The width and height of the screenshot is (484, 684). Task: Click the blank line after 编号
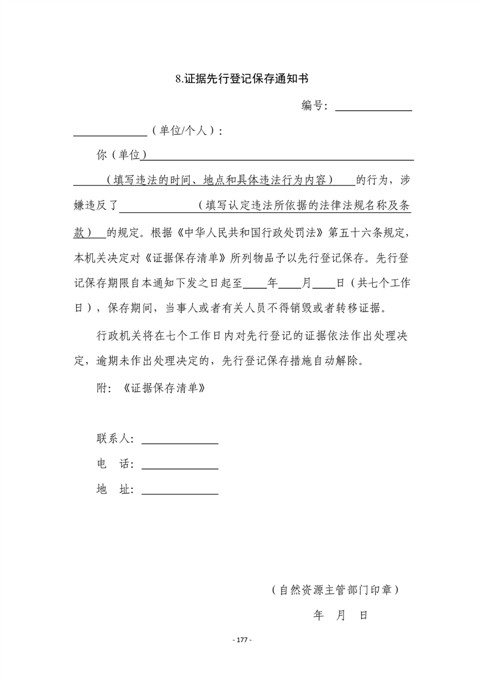click(374, 109)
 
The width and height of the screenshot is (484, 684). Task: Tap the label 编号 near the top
click(315, 105)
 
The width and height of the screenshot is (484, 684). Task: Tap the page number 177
click(242, 639)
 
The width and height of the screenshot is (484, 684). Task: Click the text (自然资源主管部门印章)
click(336, 590)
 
